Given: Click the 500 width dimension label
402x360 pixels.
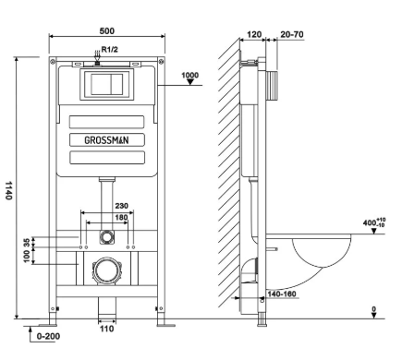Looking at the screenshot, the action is coord(107,31).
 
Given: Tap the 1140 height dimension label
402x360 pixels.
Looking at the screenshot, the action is coord(9,190).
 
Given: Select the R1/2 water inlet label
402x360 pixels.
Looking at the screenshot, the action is coord(110,49).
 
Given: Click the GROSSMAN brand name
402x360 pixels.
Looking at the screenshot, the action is coord(106,140).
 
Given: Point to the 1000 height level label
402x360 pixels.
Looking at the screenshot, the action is coord(189,75).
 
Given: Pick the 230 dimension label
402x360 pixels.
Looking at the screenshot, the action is coord(121,206).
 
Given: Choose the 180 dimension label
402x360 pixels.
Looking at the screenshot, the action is coord(121,218).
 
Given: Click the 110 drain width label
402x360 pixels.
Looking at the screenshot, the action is coord(106,329).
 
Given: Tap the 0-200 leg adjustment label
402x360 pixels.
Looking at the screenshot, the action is coord(48,336).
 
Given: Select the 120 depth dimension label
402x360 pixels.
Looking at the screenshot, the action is coord(254,34).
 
